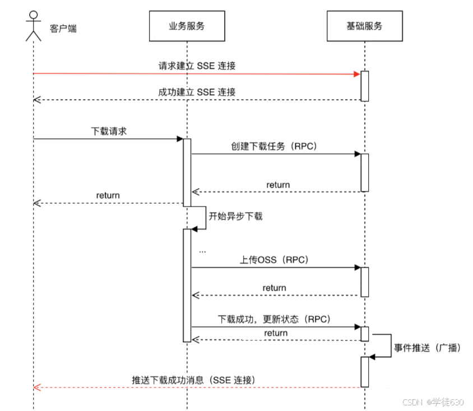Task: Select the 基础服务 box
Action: tap(365, 26)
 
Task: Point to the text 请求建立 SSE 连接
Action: tap(197, 66)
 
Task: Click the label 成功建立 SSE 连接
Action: tap(197, 92)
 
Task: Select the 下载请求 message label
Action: tap(109, 131)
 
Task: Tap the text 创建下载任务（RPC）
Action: tap(275, 146)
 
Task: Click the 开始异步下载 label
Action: tap(235, 216)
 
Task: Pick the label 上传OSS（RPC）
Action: tap(275, 260)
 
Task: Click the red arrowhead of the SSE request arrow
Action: tap(355, 73)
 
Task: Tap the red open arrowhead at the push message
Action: tap(37, 387)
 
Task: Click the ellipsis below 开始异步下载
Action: tap(202, 250)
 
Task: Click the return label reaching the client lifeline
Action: tap(108, 195)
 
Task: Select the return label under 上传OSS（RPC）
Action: tap(275, 288)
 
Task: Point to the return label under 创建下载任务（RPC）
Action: tap(278, 184)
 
